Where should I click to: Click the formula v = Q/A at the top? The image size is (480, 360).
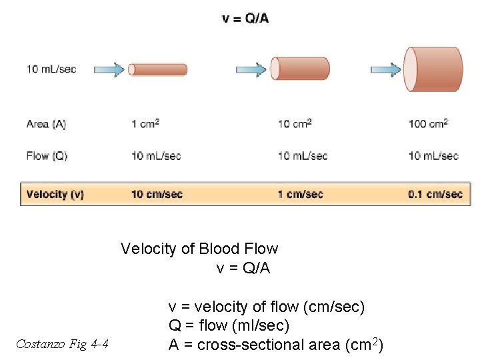[245, 18]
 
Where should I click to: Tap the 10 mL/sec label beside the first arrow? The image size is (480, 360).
[51, 69]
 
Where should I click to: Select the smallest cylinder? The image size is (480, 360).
[158, 69]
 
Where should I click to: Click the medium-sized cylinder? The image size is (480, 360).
[300, 69]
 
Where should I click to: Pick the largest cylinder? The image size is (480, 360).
[434, 69]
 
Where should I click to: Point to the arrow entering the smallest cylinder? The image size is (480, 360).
[109, 69]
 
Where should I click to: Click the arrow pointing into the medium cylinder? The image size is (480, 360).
[253, 69]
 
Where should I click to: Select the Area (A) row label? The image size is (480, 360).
[46, 124]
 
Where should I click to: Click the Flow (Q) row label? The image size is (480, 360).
[47, 156]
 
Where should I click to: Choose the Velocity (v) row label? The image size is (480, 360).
[55, 195]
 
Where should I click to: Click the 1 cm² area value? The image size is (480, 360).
[145, 124]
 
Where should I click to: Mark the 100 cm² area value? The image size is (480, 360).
[428, 124]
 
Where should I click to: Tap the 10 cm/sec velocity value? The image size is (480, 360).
[157, 195]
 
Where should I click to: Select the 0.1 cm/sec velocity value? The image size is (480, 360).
[435, 195]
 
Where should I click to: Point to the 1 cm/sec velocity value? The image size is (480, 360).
[300, 195]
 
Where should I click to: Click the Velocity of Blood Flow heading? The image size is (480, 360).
[199, 249]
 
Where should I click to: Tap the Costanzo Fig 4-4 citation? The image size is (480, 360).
[63, 344]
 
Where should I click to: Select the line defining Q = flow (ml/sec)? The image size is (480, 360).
[229, 326]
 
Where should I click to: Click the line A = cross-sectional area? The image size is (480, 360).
[275, 345]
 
